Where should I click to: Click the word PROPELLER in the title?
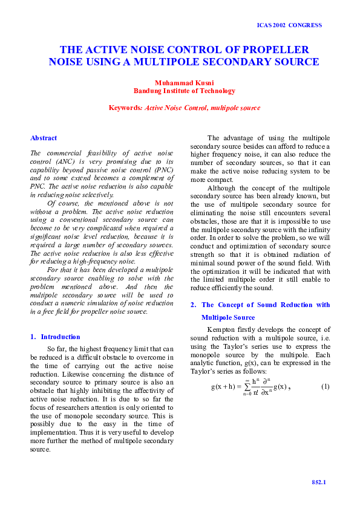click(275, 50)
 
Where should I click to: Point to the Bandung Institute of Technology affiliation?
click(184, 91)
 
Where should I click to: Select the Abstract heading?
click(44, 138)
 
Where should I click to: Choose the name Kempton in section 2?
click(223, 329)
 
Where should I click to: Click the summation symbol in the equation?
click(247, 386)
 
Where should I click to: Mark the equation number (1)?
click(325, 386)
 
